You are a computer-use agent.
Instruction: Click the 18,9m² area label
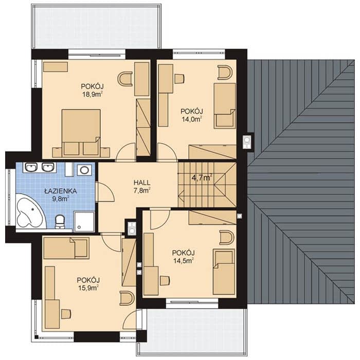click(92, 94)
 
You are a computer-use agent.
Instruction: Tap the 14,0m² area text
click(192, 119)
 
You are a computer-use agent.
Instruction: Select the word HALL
click(142, 183)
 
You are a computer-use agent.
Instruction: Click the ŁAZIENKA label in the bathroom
click(61, 191)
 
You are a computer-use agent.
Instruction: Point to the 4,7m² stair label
click(202, 178)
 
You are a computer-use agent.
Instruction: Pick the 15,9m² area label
click(88, 288)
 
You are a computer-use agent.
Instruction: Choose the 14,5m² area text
click(183, 261)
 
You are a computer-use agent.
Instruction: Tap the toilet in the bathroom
click(60, 222)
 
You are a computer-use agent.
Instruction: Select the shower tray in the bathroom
click(84, 222)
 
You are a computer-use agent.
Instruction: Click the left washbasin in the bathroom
click(31, 167)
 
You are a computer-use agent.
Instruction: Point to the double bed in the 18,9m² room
click(81, 132)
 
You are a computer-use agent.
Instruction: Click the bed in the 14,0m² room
click(225, 105)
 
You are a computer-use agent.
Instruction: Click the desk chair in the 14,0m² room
click(179, 79)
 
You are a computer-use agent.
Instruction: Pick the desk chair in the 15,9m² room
click(66, 314)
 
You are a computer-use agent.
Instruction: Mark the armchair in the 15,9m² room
click(127, 298)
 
